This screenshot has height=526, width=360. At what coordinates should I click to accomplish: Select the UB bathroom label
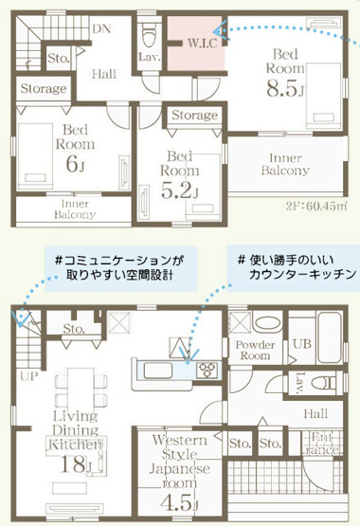(x=301, y=343)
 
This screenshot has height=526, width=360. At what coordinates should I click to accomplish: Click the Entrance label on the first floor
(x=323, y=442)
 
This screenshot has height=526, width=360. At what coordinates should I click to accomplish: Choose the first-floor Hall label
(x=315, y=413)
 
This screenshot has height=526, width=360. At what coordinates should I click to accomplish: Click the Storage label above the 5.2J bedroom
(x=194, y=115)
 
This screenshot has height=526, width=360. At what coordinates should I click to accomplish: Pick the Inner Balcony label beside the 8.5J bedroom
(x=285, y=163)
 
